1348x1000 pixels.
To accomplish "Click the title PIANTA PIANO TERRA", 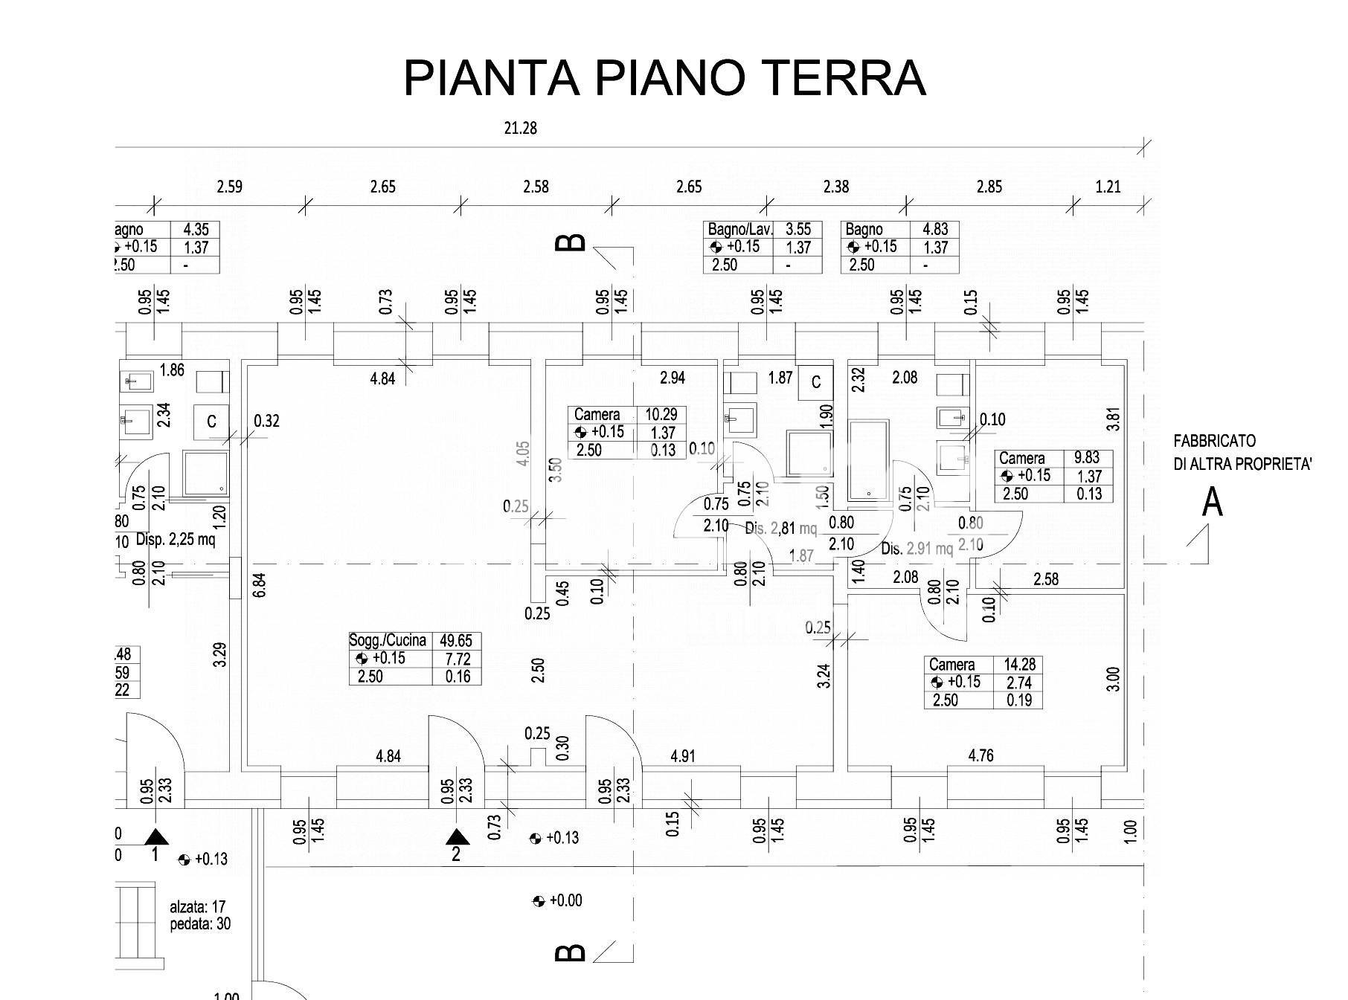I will coord(664,77).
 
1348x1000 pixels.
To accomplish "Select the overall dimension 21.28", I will coord(520,128).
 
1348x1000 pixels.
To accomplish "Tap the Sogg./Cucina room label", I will coord(388,640).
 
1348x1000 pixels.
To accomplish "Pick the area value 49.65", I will coord(456,640).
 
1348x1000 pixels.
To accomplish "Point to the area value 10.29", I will coord(661,414).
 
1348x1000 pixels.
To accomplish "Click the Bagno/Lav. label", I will coord(740,230).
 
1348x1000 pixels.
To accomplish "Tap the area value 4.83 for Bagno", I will coord(936,230).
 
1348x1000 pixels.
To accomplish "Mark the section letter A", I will coord(1213,503).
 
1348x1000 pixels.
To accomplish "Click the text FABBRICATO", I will coord(1214,441).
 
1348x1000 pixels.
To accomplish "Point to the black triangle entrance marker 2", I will coord(456,839).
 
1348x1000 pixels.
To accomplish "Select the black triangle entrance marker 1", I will coord(155,836).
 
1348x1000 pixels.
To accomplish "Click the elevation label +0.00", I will coord(565,901).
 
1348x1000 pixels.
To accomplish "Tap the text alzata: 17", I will coord(197,907).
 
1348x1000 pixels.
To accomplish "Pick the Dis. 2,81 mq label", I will coord(780,529).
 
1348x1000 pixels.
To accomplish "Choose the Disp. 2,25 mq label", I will coord(176,539).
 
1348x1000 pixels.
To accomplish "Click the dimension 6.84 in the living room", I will coord(258,584).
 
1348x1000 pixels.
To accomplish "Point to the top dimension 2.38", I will coord(835,187).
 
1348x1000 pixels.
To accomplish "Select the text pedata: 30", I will coord(200,924).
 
